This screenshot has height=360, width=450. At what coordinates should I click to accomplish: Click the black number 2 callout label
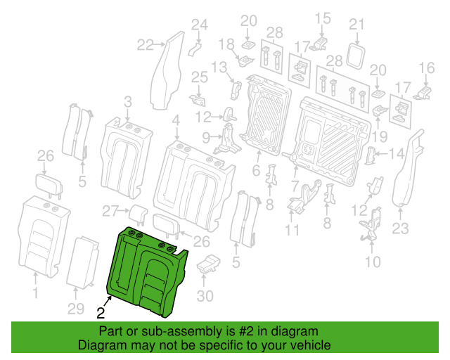pos(101,313)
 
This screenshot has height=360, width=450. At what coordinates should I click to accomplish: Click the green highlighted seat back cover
pos(146,271)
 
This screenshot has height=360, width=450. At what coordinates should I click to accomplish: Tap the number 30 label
pos(205,296)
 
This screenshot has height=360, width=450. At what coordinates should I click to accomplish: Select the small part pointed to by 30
pos(208,263)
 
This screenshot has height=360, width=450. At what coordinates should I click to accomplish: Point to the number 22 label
pos(146,45)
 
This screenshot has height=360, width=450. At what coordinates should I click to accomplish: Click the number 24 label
pos(200,25)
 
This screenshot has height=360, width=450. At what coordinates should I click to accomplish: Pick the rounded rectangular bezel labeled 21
pos(356,56)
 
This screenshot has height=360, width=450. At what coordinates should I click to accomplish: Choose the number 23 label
pos(400,229)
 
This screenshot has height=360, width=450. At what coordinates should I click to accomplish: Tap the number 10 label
pos(373,262)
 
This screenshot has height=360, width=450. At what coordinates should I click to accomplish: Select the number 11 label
pos(292,230)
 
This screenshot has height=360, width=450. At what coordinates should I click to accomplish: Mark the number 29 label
pos(76,309)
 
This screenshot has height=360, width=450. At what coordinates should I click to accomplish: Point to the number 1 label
pos(35,293)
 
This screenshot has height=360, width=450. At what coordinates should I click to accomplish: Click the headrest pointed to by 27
pos(139,214)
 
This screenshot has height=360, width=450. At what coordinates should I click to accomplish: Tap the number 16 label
pos(427,68)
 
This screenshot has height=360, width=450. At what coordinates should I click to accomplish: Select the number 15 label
pos(323,18)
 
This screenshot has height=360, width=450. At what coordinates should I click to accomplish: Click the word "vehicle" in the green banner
pos(314,345)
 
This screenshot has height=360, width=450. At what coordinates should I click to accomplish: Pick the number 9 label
pos(206,137)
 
